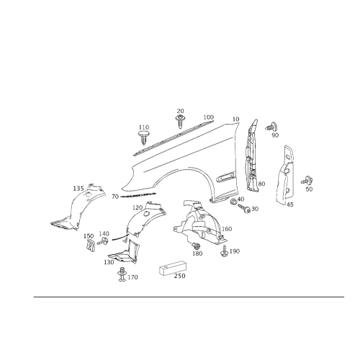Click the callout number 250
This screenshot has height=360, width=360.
click(180, 276)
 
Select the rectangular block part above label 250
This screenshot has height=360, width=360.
click(172, 268)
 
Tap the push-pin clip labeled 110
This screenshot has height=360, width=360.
click(143, 138)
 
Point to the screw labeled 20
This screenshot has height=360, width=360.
click(179, 122)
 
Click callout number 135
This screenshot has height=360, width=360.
click(78, 189)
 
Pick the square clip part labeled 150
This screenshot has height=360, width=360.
click(90, 246)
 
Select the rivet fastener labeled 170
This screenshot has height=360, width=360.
click(122, 274)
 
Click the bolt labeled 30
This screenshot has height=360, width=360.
click(244, 208)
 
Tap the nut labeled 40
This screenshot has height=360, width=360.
click(233, 202)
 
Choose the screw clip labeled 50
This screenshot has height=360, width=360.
click(307, 180)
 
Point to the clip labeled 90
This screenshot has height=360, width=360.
click(271, 127)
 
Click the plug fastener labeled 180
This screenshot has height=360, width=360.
click(196, 246)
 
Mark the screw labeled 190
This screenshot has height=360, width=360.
click(224, 251)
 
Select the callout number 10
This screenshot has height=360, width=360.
click(236, 119)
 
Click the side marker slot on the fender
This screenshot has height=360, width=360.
click(226, 176)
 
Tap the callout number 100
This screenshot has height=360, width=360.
click(209, 117)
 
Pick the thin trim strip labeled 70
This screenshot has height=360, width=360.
click(138, 194)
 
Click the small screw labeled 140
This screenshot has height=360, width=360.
click(102, 241)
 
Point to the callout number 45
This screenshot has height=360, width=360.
click(290, 204)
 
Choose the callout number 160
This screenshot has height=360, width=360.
click(227, 229)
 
